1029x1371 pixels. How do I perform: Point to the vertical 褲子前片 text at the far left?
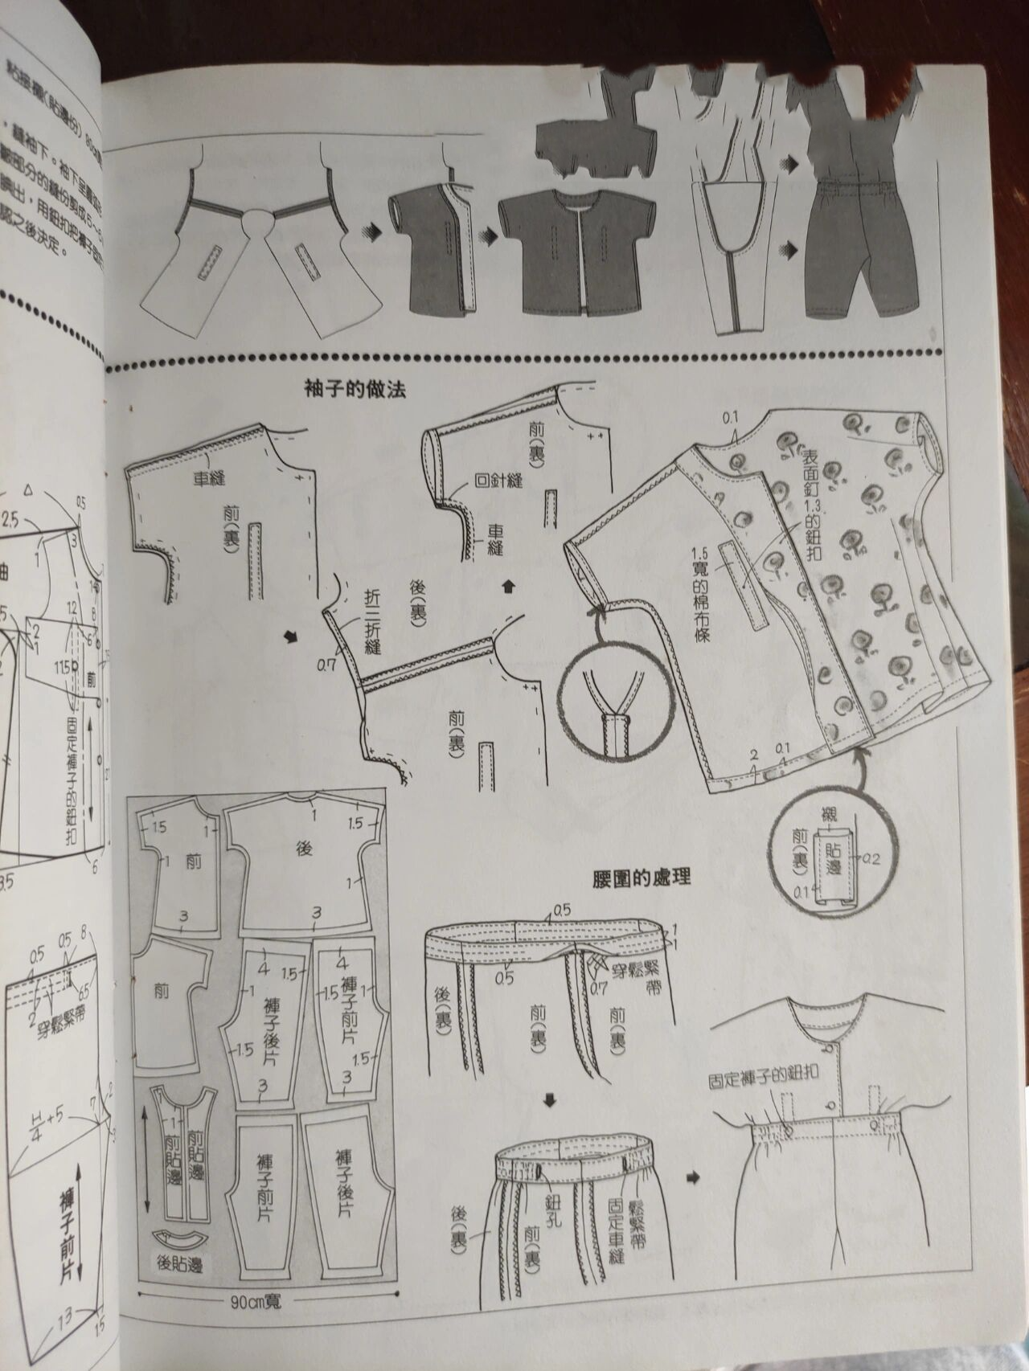pyautogui.click(x=68, y=1222)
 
